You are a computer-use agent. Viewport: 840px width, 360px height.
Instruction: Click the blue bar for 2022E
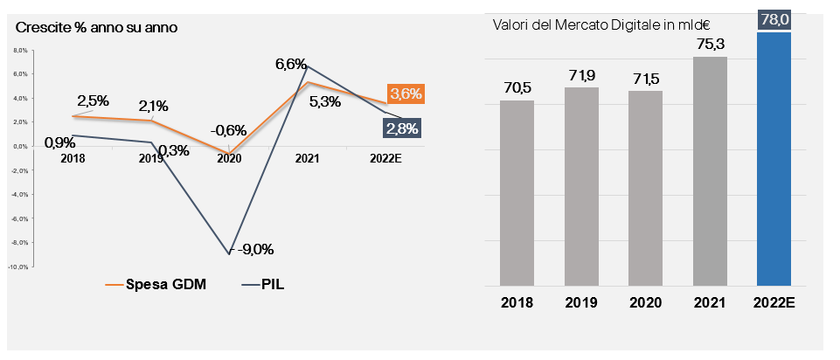coord(774,159)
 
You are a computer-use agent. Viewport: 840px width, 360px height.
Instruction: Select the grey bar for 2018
coord(517,192)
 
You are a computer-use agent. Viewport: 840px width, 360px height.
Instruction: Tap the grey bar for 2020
coord(645,187)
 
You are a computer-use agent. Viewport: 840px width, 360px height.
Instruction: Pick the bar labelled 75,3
coord(710,171)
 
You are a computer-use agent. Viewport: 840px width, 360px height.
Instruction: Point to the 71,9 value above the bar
coord(581,75)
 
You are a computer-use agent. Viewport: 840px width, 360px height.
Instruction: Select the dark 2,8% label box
coord(401,128)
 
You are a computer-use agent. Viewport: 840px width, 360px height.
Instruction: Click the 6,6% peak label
coord(290,63)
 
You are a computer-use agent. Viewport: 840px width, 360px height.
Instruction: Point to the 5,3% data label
coord(324,101)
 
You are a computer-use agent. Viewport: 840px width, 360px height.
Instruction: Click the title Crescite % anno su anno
coord(97,26)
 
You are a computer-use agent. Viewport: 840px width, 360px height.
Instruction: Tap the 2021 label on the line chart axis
coord(307,159)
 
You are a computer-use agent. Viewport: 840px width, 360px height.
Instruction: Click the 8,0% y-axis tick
coord(22,51)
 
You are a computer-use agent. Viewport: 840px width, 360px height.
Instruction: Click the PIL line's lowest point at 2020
coord(229,253)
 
